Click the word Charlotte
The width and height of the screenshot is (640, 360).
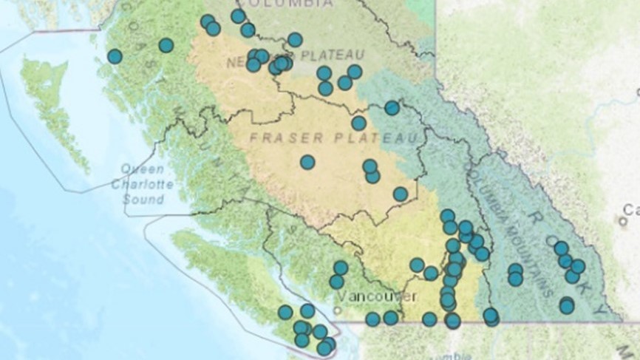tap(143, 184)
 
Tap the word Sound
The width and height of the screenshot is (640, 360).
tap(143, 200)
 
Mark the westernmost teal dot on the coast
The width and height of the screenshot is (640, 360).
tap(115, 56)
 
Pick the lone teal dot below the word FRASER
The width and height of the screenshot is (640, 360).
tap(307, 162)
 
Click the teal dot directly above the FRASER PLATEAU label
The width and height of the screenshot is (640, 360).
tap(358, 123)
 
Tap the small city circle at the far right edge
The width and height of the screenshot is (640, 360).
tap(622, 221)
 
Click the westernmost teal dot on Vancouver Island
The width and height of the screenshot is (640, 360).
tap(285, 313)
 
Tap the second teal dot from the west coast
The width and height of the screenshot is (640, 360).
tap(166, 45)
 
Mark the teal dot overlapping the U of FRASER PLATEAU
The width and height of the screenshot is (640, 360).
tap(392, 108)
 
